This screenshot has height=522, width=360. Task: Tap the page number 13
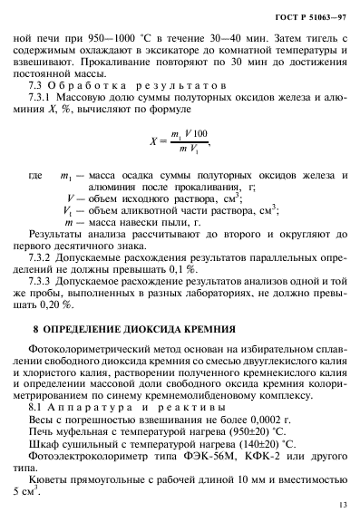[x=341, y=504]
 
